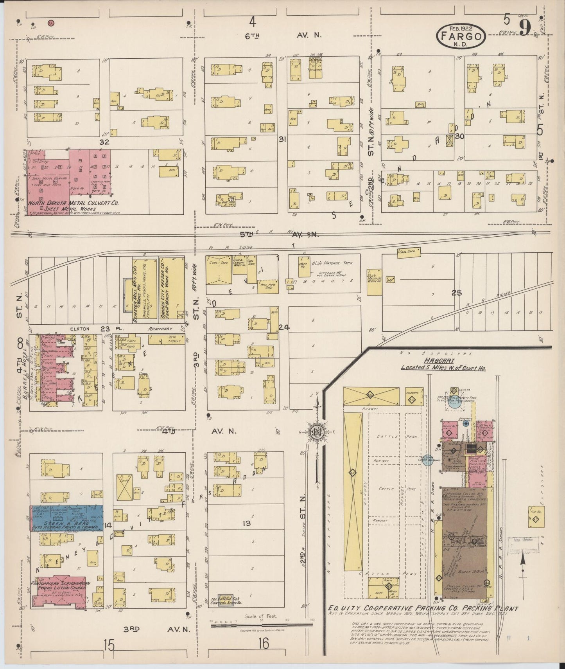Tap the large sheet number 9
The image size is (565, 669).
click(x=525, y=28)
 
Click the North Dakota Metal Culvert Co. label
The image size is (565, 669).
click(x=72, y=203)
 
